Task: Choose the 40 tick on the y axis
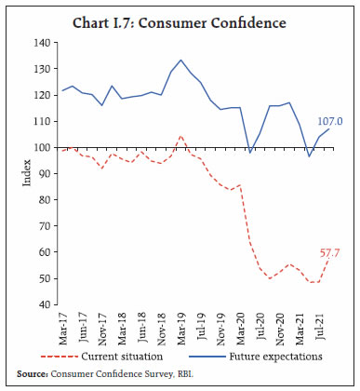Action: (43, 304)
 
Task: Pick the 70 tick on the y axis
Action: (43, 226)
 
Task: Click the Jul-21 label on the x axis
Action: (316, 326)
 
